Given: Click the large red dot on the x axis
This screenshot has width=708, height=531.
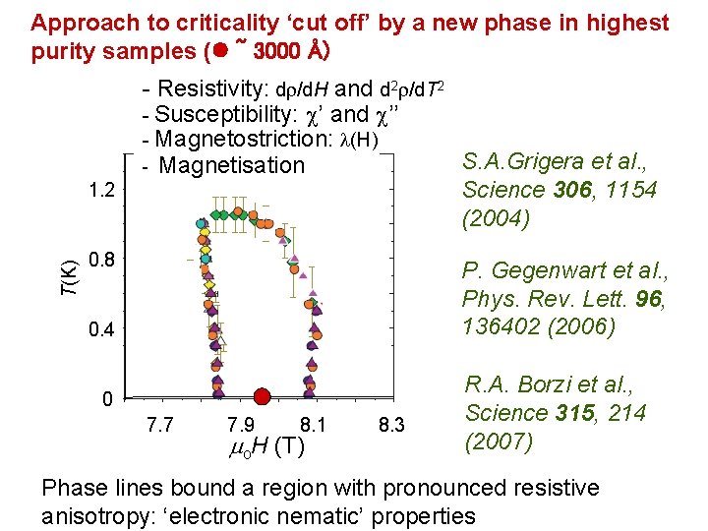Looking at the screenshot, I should tap(262, 397).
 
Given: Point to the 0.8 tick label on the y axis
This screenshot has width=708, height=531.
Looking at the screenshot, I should tap(102, 261).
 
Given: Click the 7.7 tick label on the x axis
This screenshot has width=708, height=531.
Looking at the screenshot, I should tap(161, 427).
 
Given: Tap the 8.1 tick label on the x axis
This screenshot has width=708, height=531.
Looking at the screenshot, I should tap(314, 427).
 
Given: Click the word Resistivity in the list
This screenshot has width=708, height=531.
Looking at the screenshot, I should tap(211, 88).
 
